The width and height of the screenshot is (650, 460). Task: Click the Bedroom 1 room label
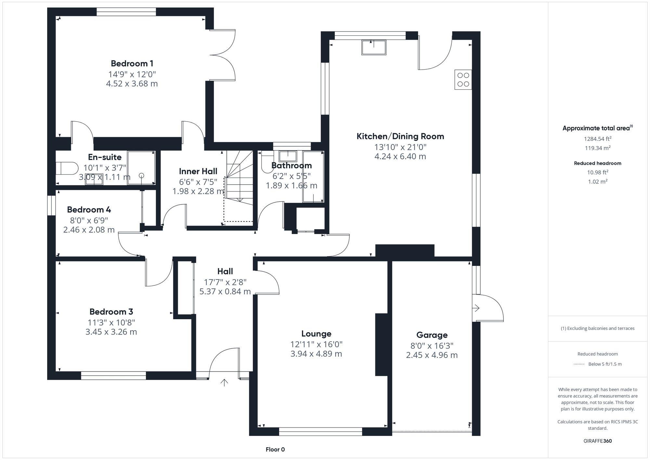132,63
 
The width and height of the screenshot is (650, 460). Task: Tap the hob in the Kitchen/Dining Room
463,80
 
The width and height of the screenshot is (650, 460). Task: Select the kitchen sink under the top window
374,47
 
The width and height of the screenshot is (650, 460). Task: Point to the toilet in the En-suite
67,168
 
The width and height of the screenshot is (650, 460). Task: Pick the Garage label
432,335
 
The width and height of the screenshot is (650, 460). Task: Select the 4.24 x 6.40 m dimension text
400,156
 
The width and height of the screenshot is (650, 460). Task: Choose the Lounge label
316,334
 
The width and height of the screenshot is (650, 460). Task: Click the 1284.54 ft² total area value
597,139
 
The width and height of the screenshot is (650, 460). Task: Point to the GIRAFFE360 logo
597,441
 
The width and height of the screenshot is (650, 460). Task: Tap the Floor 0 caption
275,450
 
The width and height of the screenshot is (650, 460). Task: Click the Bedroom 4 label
89,210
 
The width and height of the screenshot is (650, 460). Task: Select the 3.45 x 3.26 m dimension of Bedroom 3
111,332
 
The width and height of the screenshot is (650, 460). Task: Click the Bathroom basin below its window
288,156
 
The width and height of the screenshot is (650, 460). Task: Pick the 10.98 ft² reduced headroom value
597,172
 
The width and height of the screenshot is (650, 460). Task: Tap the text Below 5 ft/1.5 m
605,364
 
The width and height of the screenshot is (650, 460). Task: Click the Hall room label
225,271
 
